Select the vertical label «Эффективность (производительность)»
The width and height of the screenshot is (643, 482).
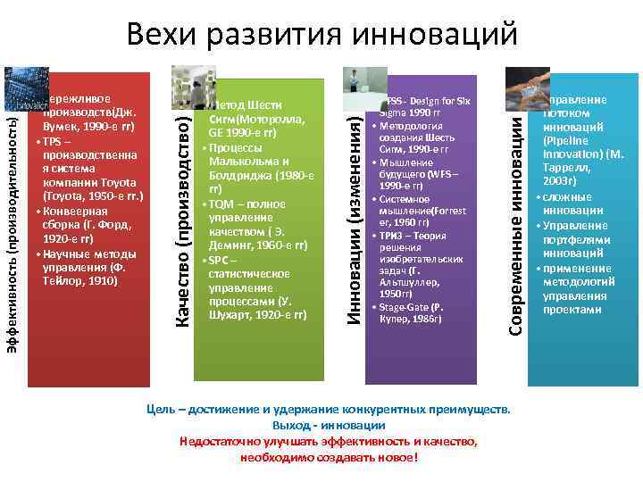click(13, 232)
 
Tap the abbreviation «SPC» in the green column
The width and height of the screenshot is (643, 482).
click(219, 260)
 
